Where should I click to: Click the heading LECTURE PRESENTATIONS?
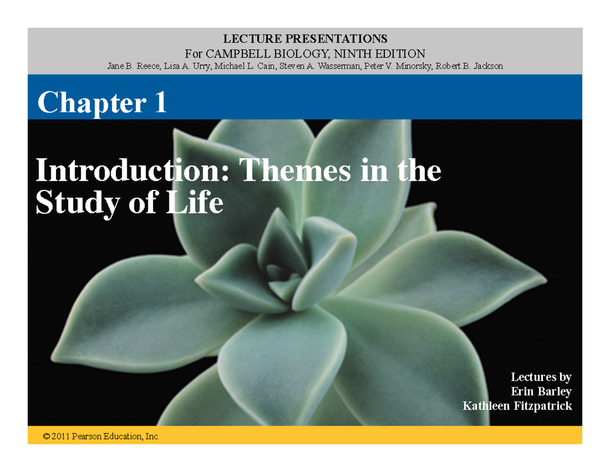click(x=304, y=39)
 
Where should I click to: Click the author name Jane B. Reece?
click(x=129, y=66)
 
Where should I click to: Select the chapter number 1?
click(x=159, y=103)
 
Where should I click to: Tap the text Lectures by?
click(x=541, y=377)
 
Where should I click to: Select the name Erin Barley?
click(x=541, y=392)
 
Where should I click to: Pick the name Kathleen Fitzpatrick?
click(x=517, y=406)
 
